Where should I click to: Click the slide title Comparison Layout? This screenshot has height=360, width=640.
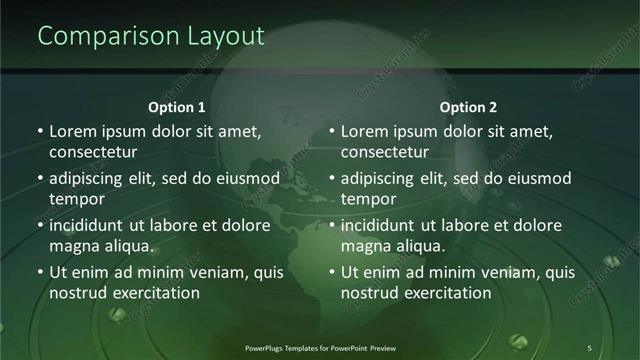[x=151, y=36]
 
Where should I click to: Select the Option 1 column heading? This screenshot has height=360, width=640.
[x=177, y=107]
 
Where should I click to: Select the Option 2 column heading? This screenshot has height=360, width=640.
[x=468, y=107]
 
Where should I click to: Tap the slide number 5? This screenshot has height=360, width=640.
[x=589, y=347]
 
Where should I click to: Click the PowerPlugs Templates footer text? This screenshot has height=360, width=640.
[x=319, y=347]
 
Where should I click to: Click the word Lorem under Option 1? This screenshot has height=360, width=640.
[x=72, y=131]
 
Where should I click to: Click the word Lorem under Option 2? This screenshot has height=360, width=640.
[x=364, y=131]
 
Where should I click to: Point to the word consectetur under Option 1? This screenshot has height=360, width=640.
[x=93, y=152]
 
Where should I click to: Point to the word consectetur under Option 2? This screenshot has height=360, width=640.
[x=385, y=152]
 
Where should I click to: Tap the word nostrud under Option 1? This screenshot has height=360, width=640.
[x=76, y=293]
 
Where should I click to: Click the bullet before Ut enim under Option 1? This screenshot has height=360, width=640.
[x=40, y=272]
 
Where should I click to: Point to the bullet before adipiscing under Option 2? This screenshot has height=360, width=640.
[x=332, y=178]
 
